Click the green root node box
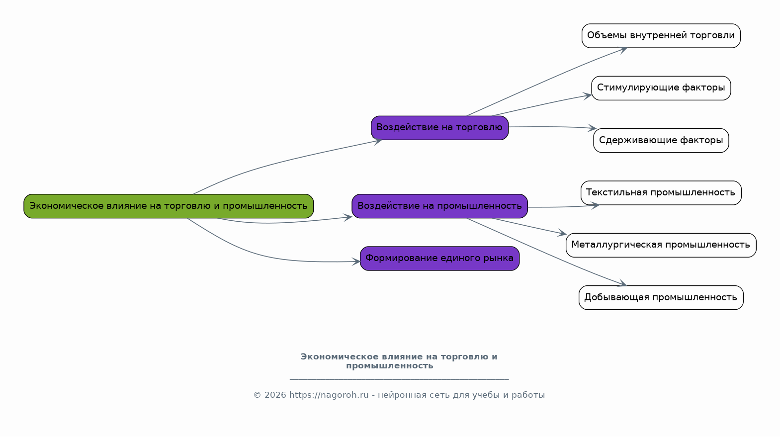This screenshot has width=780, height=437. coord(169,206)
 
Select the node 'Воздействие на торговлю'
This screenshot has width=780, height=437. coord(440,128)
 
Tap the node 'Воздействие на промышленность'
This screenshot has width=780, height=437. coord(440,206)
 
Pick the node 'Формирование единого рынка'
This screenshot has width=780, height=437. coord(440,259)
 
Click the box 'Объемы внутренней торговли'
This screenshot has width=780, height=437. coord(661,36)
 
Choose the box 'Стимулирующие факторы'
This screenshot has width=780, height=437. coord(661,88)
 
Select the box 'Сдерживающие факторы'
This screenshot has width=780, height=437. coord(661,140)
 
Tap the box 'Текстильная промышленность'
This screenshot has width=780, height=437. coord(661,193)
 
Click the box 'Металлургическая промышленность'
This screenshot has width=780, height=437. coord(661,245)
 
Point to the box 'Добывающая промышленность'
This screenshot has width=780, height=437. coord(661,298)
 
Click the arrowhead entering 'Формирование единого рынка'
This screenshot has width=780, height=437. coord(356,262)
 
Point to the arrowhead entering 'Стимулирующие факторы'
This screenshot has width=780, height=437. coord(588,96)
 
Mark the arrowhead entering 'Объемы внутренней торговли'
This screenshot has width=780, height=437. coord(622,50)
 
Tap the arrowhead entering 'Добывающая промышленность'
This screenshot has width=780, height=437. coord(622,283)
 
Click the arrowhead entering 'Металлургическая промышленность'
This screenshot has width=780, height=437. coord(562,233)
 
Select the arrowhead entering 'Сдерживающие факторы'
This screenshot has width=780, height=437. coord(592,128)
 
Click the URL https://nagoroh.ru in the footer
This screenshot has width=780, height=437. coord(329,395)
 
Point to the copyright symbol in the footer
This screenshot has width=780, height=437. coord(257,395)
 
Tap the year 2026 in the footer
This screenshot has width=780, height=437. coord(275,395)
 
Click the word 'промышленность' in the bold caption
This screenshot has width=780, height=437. coord(390,366)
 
